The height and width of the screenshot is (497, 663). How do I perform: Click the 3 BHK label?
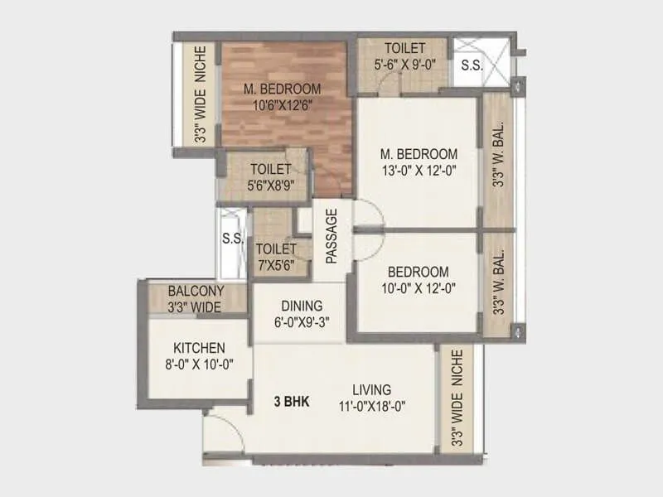click(292, 403)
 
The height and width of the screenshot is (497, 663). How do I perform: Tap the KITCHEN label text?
click(198, 347)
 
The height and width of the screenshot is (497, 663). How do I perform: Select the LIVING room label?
click(371, 389)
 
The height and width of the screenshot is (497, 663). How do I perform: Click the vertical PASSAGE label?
click(331, 237)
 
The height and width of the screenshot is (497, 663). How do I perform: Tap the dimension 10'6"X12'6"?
click(282, 104)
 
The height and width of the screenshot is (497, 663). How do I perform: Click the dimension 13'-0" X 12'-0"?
click(418, 171)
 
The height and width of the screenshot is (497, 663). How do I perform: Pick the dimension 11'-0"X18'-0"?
click(371, 406)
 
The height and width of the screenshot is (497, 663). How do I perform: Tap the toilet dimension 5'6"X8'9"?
click(272, 185)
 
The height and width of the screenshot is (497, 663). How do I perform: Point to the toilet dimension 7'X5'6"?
click(276, 265)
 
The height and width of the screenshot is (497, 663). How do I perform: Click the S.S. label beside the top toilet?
click(472, 64)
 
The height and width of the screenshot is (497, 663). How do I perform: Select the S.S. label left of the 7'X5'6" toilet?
click(232, 240)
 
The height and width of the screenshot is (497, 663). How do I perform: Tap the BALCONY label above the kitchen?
click(196, 292)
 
